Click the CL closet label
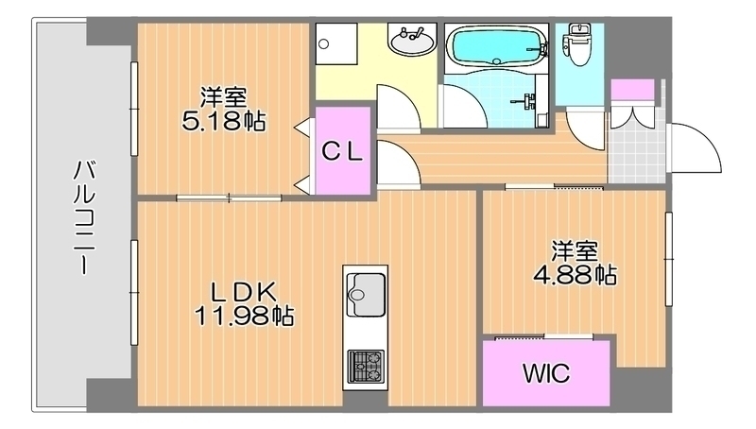pos(342,151)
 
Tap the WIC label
pos(546,372)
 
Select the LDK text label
pos(244,292)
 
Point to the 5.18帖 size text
pos(224,122)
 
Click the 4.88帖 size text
pos(575,274)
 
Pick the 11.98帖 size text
pos(244,316)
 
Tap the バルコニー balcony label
pos(84,218)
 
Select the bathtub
pos(496,45)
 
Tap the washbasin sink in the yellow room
pos(412,40)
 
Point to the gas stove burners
pos(366,367)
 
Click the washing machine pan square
pos(336,43)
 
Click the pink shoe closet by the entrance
pos(632,90)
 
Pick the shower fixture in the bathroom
pos(528,101)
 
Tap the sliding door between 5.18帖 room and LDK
pos(229,197)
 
